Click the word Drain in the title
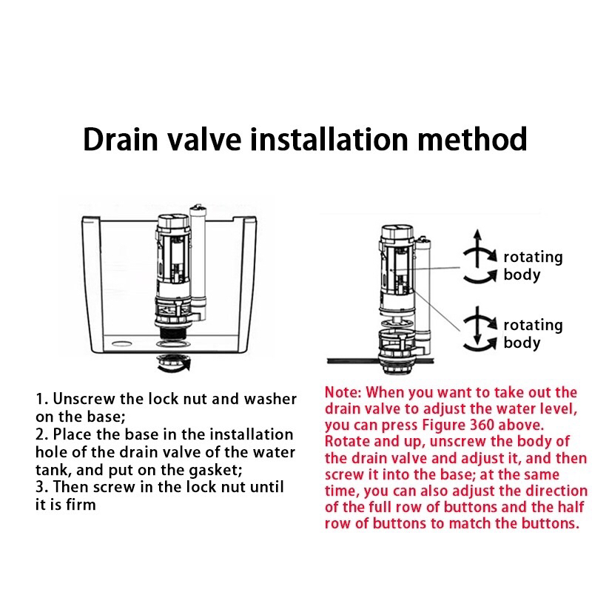[x=121, y=139]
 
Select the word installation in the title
[x=329, y=139]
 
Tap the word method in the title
[x=472, y=139]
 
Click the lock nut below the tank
[x=173, y=363]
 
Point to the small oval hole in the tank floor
[x=122, y=344]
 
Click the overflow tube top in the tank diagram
[x=198, y=209]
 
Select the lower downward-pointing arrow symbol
[x=478, y=326]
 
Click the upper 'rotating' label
[x=533, y=257]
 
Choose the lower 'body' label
[x=522, y=343]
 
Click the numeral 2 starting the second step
[x=40, y=435]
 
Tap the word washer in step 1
[x=270, y=399]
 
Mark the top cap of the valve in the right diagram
[x=397, y=232]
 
